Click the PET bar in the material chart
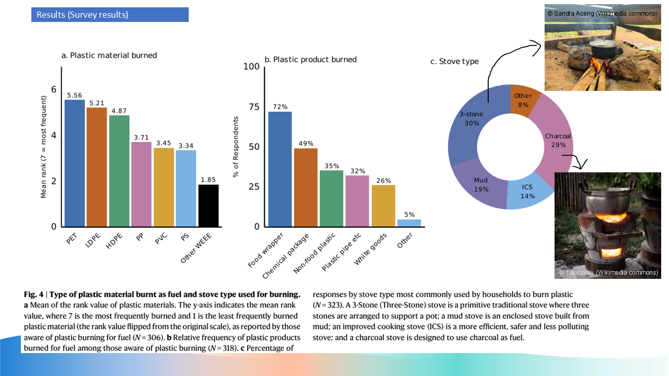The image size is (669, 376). coord(74,163)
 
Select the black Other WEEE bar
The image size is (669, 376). coord(208,205)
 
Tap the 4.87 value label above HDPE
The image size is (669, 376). coord(119,111)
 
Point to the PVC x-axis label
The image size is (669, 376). coord(161,239)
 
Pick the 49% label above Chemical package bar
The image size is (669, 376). coord(306,144)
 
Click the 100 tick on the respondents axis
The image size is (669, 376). coord(252,66)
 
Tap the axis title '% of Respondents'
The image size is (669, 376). coord(236,147)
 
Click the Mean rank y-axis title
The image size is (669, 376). coord(43,147)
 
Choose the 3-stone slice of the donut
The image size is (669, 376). coord(467,131)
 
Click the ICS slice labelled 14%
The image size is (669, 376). coord(528,193)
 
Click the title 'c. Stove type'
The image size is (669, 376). coord(454,62)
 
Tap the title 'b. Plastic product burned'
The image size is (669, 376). coord(310,60)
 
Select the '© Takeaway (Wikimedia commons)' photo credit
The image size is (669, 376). coord(608,272)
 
